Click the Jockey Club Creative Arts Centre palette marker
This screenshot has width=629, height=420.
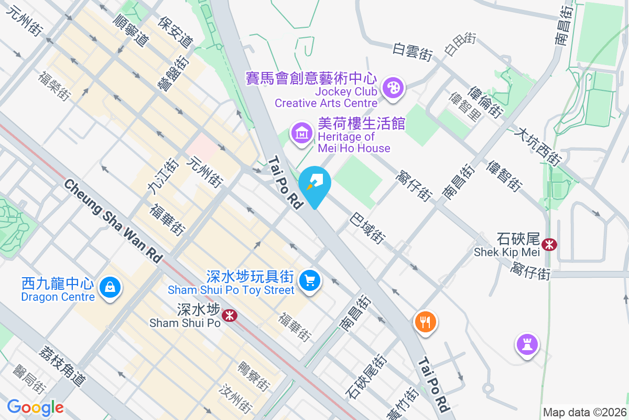[393, 88]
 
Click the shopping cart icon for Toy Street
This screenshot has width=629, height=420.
[310, 280]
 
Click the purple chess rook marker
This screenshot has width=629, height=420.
[526, 344]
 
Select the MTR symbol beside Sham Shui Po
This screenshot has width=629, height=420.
[229, 315]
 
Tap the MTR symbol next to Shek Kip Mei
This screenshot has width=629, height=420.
[549, 244]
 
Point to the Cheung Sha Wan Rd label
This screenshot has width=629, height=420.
[113, 220]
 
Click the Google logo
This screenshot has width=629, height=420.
[36, 407]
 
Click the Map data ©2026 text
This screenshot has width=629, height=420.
[584, 412]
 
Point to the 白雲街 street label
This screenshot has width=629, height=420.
[413, 51]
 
